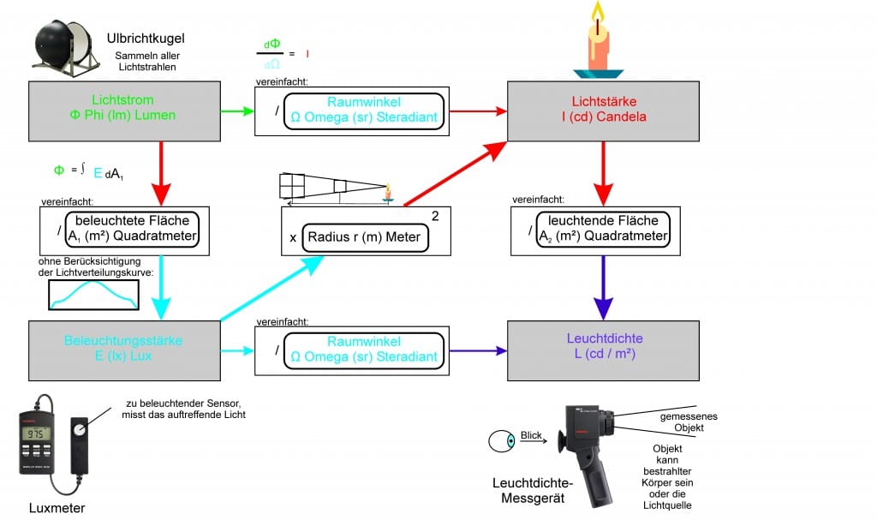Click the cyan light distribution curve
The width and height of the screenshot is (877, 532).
[x=92, y=294]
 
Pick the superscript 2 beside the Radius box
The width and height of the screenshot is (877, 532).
[x=435, y=216]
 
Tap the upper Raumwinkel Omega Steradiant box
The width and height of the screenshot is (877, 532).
[x=363, y=111]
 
